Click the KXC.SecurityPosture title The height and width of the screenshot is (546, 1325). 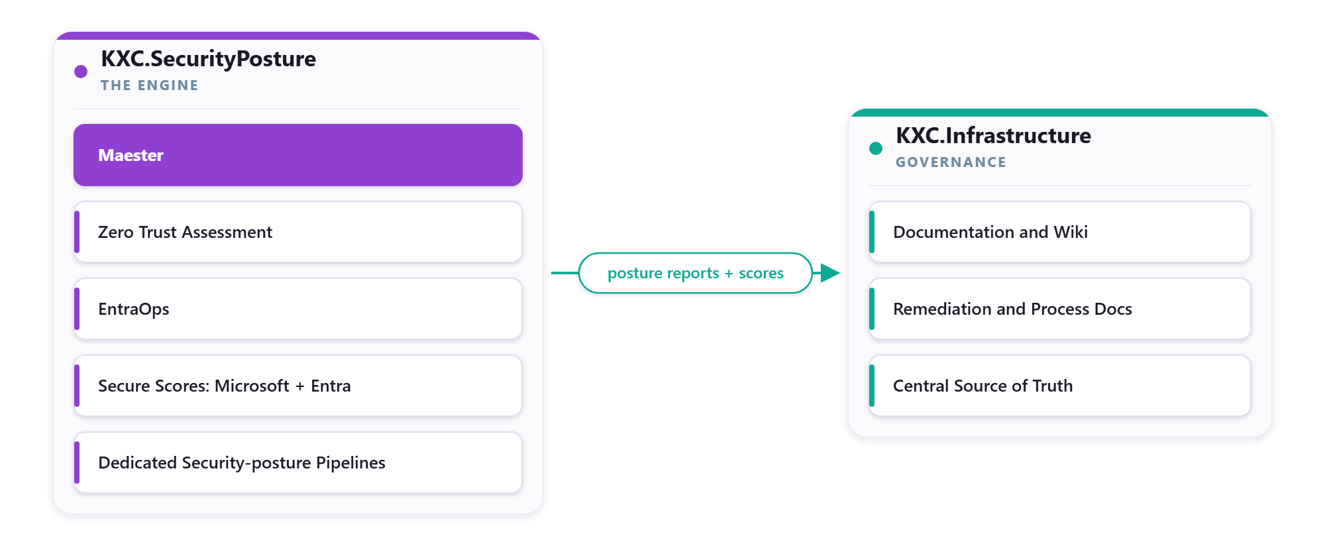click(208, 59)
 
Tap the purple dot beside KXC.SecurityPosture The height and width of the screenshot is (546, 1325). click(81, 72)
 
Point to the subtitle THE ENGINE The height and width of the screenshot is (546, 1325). click(149, 85)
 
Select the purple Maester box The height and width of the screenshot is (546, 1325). click(298, 155)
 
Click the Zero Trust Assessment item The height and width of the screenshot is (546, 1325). click(298, 232)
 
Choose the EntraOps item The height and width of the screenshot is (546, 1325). click(298, 309)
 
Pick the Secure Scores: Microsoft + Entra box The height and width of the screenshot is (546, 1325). click(298, 386)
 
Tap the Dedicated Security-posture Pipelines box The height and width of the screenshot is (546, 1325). click(298, 463)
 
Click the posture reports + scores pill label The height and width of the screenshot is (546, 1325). click(696, 273)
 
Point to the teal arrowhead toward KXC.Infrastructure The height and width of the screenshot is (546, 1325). click(830, 273)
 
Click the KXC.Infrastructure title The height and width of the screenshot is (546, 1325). click(993, 136)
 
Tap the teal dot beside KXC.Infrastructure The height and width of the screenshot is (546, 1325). click(876, 148)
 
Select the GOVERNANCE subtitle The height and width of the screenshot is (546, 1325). click(951, 162)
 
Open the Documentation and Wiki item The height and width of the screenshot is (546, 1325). click(1060, 232)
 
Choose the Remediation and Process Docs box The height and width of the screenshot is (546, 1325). click(1060, 309)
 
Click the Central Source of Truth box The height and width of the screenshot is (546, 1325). click(1060, 386)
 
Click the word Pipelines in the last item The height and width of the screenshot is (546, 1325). click(350, 463)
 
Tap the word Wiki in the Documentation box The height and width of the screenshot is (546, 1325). click(1071, 232)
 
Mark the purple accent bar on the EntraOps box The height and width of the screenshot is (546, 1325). click(77, 309)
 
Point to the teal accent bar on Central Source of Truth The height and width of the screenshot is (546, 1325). click(872, 386)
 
